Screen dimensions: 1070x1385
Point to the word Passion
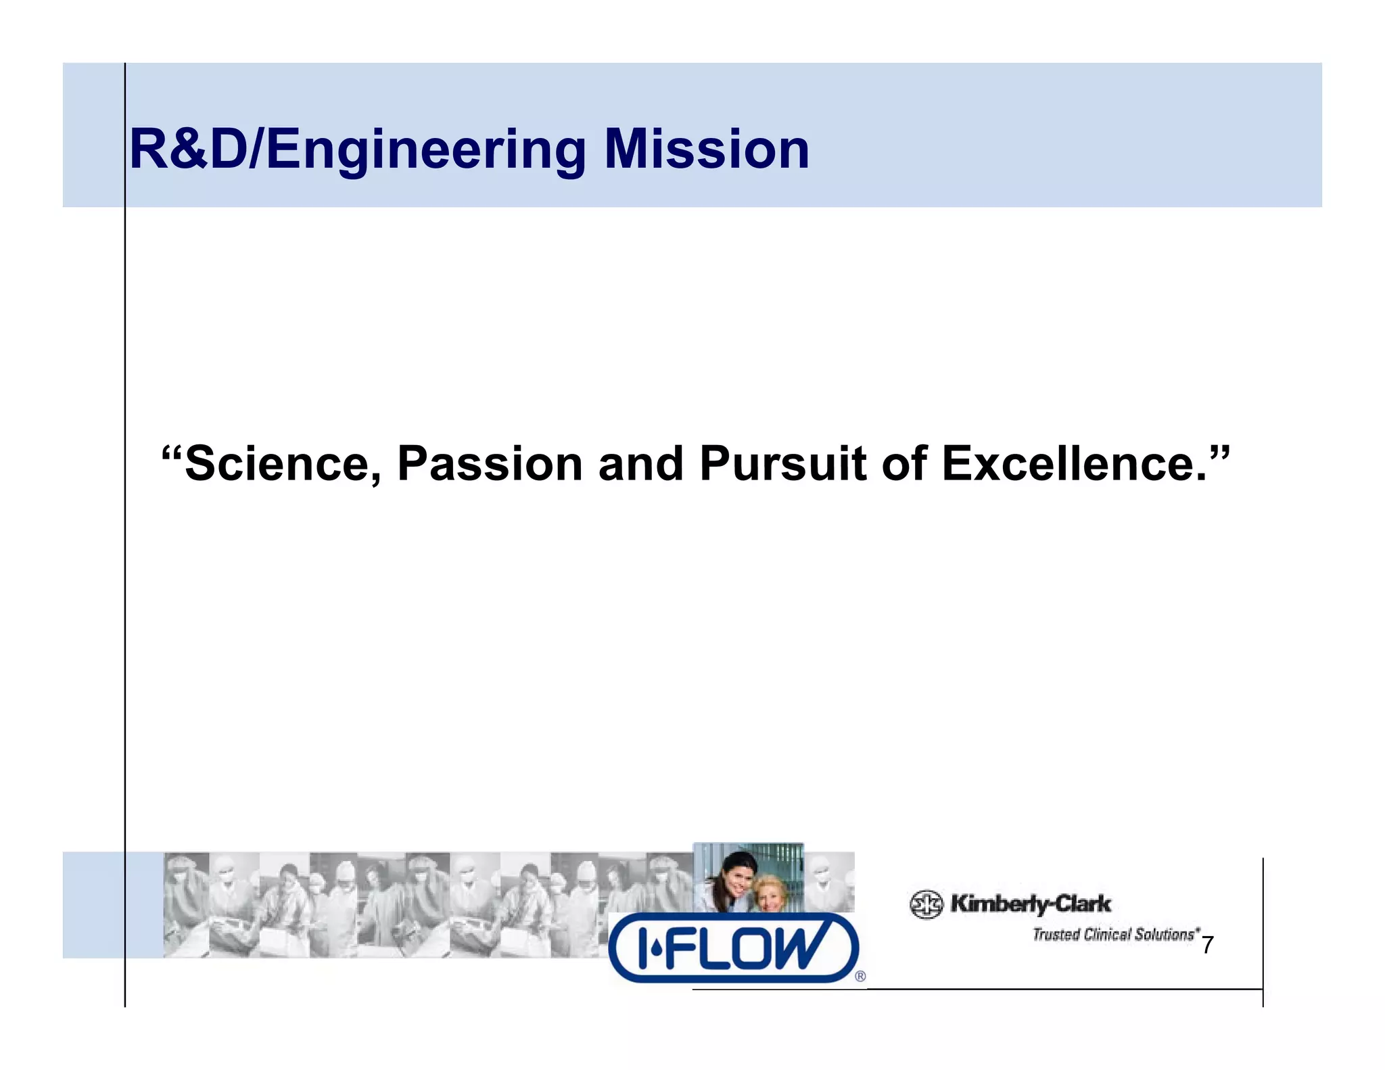[x=490, y=465]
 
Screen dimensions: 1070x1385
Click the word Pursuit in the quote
[x=782, y=465]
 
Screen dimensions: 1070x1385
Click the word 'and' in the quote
[x=640, y=465]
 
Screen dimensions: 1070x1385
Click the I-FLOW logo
[x=733, y=948]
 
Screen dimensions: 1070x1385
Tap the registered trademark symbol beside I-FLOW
[x=860, y=976]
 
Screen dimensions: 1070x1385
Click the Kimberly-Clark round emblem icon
[x=926, y=904]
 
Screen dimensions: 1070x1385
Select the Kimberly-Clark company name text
[x=1031, y=904]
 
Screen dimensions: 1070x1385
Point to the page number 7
[x=1207, y=945]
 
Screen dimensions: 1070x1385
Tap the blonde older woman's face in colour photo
[x=770, y=895]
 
